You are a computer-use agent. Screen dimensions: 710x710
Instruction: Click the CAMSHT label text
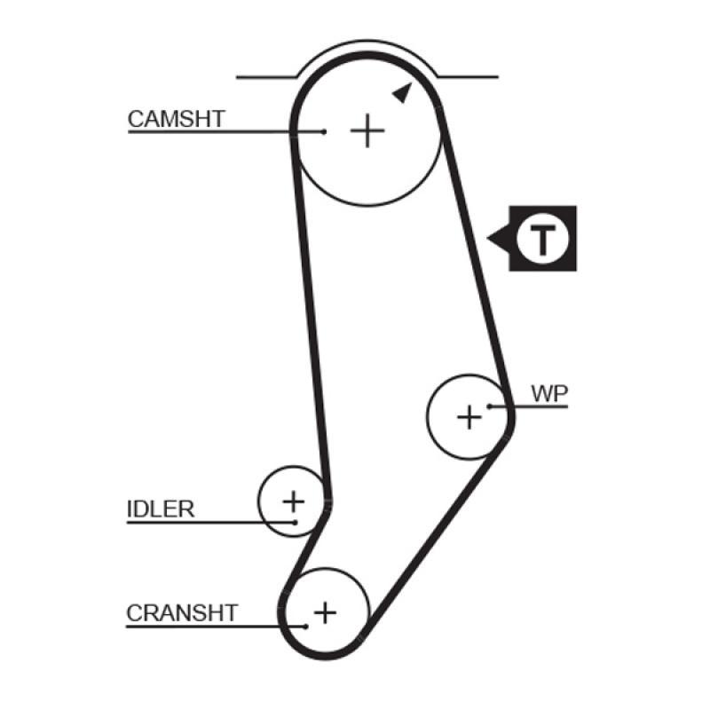tap(177, 118)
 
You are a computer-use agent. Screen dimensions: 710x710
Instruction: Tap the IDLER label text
tap(160, 509)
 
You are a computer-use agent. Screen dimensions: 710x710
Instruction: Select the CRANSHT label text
tap(182, 612)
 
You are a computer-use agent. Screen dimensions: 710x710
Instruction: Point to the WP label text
tap(549, 393)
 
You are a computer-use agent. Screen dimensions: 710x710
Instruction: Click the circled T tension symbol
tap(542, 239)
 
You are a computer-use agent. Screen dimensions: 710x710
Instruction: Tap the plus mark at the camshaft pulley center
tap(367, 131)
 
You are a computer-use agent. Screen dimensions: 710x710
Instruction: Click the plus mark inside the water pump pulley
tap(469, 415)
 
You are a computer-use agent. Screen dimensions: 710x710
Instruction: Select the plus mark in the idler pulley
tap(293, 501)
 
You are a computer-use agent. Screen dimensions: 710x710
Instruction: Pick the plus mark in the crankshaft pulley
tap(326, 611)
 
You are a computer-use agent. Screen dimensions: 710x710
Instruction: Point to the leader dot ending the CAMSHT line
tap(325, 131)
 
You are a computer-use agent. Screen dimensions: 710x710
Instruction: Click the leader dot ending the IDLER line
tap(296, 522)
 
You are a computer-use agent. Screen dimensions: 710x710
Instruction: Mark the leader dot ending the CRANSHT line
tap(305, 626)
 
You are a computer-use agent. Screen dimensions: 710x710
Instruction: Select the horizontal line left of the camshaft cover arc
tap(266, 77)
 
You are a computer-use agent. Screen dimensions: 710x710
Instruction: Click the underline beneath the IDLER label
tap(204, 522)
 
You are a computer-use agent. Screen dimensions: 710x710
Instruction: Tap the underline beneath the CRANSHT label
tap(213, 626)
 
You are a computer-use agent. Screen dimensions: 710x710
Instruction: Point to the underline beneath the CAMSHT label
tap(222, 132)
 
